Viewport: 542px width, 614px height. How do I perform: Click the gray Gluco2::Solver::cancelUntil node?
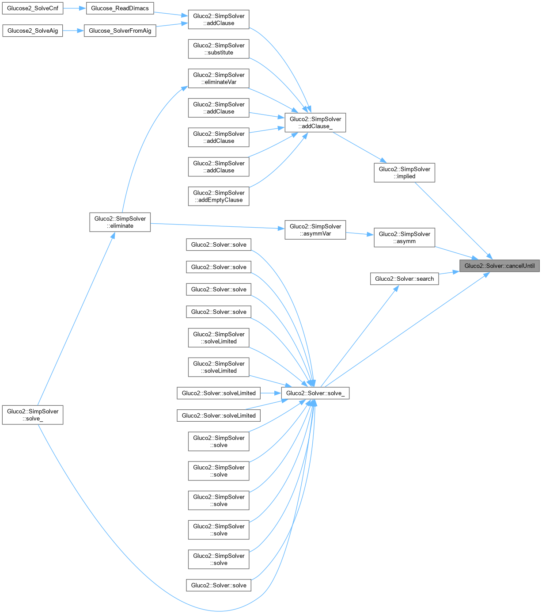point(499,266)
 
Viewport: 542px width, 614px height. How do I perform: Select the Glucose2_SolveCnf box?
point(33,8)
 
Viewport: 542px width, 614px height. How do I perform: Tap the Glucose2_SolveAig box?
point(33,31)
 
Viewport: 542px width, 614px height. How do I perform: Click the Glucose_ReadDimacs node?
point(120,8)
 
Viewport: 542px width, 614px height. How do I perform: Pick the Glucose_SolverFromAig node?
point(120,31)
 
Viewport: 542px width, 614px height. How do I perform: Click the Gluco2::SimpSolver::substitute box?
point(219,49)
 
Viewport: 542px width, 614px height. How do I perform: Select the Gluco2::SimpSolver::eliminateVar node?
point(219,78)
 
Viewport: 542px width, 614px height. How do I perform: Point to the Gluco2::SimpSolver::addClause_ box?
point(315,122)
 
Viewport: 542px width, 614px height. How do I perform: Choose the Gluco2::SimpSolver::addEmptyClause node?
point(219,196)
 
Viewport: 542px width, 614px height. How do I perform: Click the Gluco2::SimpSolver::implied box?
point(404,172)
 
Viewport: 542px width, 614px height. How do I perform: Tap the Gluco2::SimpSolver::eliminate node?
point(120,222)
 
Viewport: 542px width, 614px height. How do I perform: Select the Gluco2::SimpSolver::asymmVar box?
point(315,230)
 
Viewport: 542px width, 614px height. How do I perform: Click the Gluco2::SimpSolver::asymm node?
point(404,237)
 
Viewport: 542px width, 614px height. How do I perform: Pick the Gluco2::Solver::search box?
point(404,278)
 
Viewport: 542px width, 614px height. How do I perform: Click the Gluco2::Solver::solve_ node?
point(315,393)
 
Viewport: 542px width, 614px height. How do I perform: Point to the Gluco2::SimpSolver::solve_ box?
point(33,415)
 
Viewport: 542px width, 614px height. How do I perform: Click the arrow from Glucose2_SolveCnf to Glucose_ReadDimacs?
point(71,8)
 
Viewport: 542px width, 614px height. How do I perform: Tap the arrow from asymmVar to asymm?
point(360,234)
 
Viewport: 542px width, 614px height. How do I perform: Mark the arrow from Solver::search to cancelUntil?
point(449,273)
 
